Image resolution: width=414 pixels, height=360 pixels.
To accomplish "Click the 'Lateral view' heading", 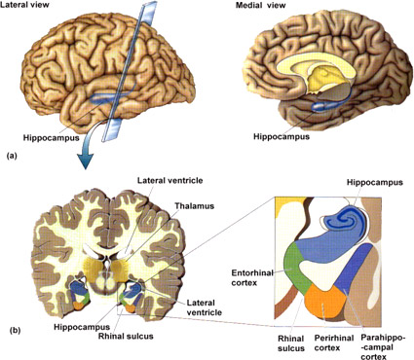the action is (x=24, y=5).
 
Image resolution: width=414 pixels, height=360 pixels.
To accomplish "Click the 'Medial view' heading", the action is (x=260, y=5).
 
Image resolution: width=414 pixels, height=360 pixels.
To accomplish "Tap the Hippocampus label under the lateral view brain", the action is (x=51, y=137).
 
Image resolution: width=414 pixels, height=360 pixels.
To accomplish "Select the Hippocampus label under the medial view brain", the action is (x=282, y=136).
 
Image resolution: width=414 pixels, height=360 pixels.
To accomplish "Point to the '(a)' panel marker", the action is (x=12, y=156).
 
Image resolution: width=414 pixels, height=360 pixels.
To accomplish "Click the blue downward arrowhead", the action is (x=85, y=161).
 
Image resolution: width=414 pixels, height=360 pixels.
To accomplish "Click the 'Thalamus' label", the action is (x=195, y=206).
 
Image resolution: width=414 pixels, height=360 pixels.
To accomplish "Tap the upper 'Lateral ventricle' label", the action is (x=169, y=180).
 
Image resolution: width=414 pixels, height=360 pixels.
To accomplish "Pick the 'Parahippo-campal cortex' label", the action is (x=383, y=347).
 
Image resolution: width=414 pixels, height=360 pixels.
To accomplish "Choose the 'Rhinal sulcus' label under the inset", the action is (x=291, y=343).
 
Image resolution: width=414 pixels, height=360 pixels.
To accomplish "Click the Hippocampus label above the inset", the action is (x=375, y=182).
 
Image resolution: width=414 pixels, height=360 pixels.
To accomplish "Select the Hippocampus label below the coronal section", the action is (x=82, y=326).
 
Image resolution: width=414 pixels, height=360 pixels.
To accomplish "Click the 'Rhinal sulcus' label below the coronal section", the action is (x=126, y=336).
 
